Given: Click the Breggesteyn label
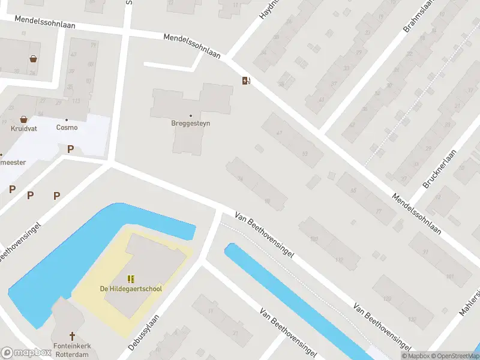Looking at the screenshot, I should pos(191,124).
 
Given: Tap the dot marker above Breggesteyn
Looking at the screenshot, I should pos(191,115).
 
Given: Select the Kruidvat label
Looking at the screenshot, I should pos(23,128).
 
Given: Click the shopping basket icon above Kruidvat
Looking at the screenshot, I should pos(23,119).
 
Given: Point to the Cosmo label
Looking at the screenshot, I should pos(67,127).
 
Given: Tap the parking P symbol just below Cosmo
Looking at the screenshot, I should pos(70,149).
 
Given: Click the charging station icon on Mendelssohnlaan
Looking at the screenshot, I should pos(245,81).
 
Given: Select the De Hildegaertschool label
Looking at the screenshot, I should pos(131,289).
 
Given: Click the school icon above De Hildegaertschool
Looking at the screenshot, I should pos(131,279).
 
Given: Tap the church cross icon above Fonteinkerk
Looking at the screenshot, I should pos(73,336).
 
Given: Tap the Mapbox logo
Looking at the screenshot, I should pos(26,353).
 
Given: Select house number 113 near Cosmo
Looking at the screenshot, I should pos(76,101).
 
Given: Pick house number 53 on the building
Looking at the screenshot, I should pos(305,154).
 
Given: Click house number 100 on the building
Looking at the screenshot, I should pos(313,239).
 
